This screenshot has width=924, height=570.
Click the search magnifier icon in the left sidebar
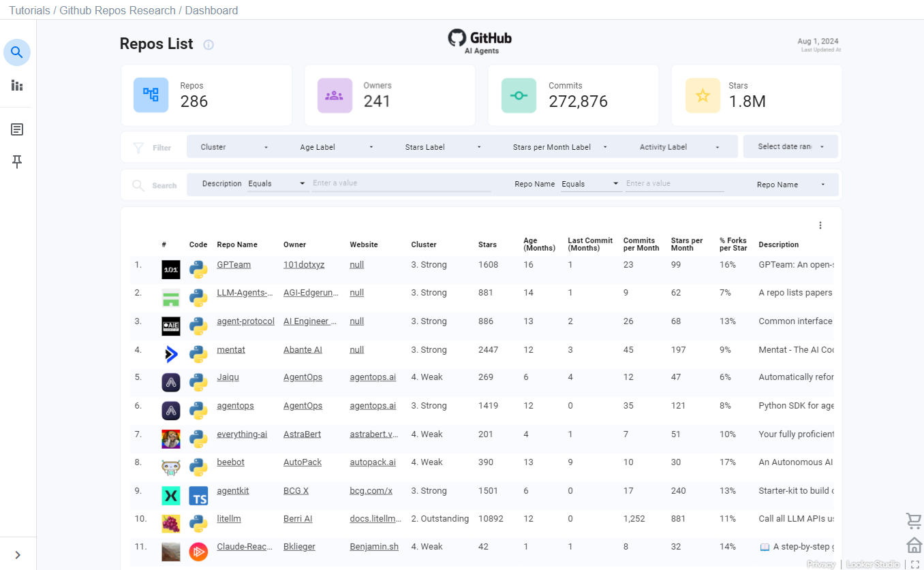(x=17, y=52)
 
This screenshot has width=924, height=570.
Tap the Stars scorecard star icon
(x=703, y=96)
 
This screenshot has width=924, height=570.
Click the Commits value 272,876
(x=578, y=101)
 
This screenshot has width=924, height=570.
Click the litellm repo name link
(x=229, y=519)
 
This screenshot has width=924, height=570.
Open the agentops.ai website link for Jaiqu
(x=373, y=377)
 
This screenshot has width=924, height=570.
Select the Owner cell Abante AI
(x=303, y=350)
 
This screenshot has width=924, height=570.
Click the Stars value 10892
(x=491, y=519)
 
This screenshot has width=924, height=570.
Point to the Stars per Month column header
(x=687, y=244)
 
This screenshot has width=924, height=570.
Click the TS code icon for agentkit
(x=198, y=496)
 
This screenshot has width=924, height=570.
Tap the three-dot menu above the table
(x=820, y=225)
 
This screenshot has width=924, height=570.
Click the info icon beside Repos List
(x=209, y=45)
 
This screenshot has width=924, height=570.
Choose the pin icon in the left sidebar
(x=17, y=162)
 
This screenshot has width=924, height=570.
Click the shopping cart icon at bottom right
(x=914, y=521)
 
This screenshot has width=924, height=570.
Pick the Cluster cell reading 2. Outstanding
(x=440, y=519)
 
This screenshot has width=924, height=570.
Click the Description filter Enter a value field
(x=401, y=184)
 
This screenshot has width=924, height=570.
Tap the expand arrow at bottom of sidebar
(x=18, y=555)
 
